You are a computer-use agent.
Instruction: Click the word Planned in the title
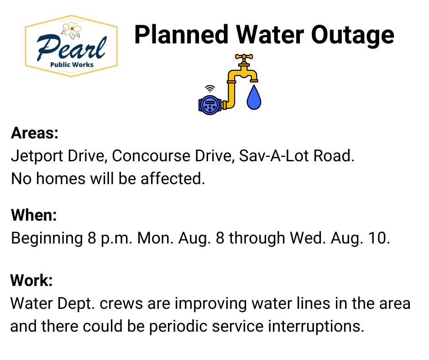tap(181, 35)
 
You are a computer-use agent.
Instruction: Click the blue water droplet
tap(254, 97)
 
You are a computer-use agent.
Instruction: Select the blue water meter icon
tap(210, 105)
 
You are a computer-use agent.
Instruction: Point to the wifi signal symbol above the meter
tap(210, 89)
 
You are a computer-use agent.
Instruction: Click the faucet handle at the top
tap(244, 57)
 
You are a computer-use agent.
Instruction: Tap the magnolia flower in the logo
tap(71, 30)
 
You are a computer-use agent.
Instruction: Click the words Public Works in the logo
tap(72, 65)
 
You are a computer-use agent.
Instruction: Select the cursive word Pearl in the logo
tap(71, 48)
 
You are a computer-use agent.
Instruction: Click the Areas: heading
tap(35, 133)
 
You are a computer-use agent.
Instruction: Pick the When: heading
tap(34, 215)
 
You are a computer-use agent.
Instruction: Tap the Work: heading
tap(31, 280)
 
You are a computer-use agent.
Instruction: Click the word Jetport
tap(37, 156)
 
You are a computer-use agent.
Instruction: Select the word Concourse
tap(151, 156)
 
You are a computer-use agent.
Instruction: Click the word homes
tap(61, 179)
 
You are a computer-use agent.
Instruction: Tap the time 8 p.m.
tap(110, 238)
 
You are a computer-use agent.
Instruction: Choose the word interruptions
tap(316, 327)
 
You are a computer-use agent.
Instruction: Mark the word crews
tap(121, 304)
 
